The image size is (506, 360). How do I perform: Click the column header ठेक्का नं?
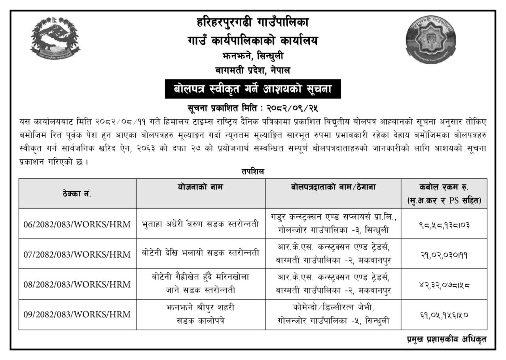[x=78, y=194]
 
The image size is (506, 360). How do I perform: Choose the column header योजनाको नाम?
[x=201, y=188]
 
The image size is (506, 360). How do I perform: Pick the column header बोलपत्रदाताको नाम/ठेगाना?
[x=334, y=188]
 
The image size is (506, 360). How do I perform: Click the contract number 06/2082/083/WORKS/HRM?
[x=77, y=224]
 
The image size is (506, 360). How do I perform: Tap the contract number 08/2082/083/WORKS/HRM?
[x=77, y=284]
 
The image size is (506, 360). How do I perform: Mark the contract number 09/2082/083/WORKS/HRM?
[x=77, y=315]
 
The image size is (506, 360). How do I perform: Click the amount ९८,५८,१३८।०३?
[x=444, y=224]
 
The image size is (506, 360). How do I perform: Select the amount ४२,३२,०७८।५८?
[x=444, y=284]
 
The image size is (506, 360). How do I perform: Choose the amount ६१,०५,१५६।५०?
[x=444, y=315]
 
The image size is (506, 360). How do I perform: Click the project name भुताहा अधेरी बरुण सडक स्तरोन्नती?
[x=201, y=224]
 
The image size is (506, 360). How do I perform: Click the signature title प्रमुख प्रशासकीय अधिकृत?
[x=447, y=339]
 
